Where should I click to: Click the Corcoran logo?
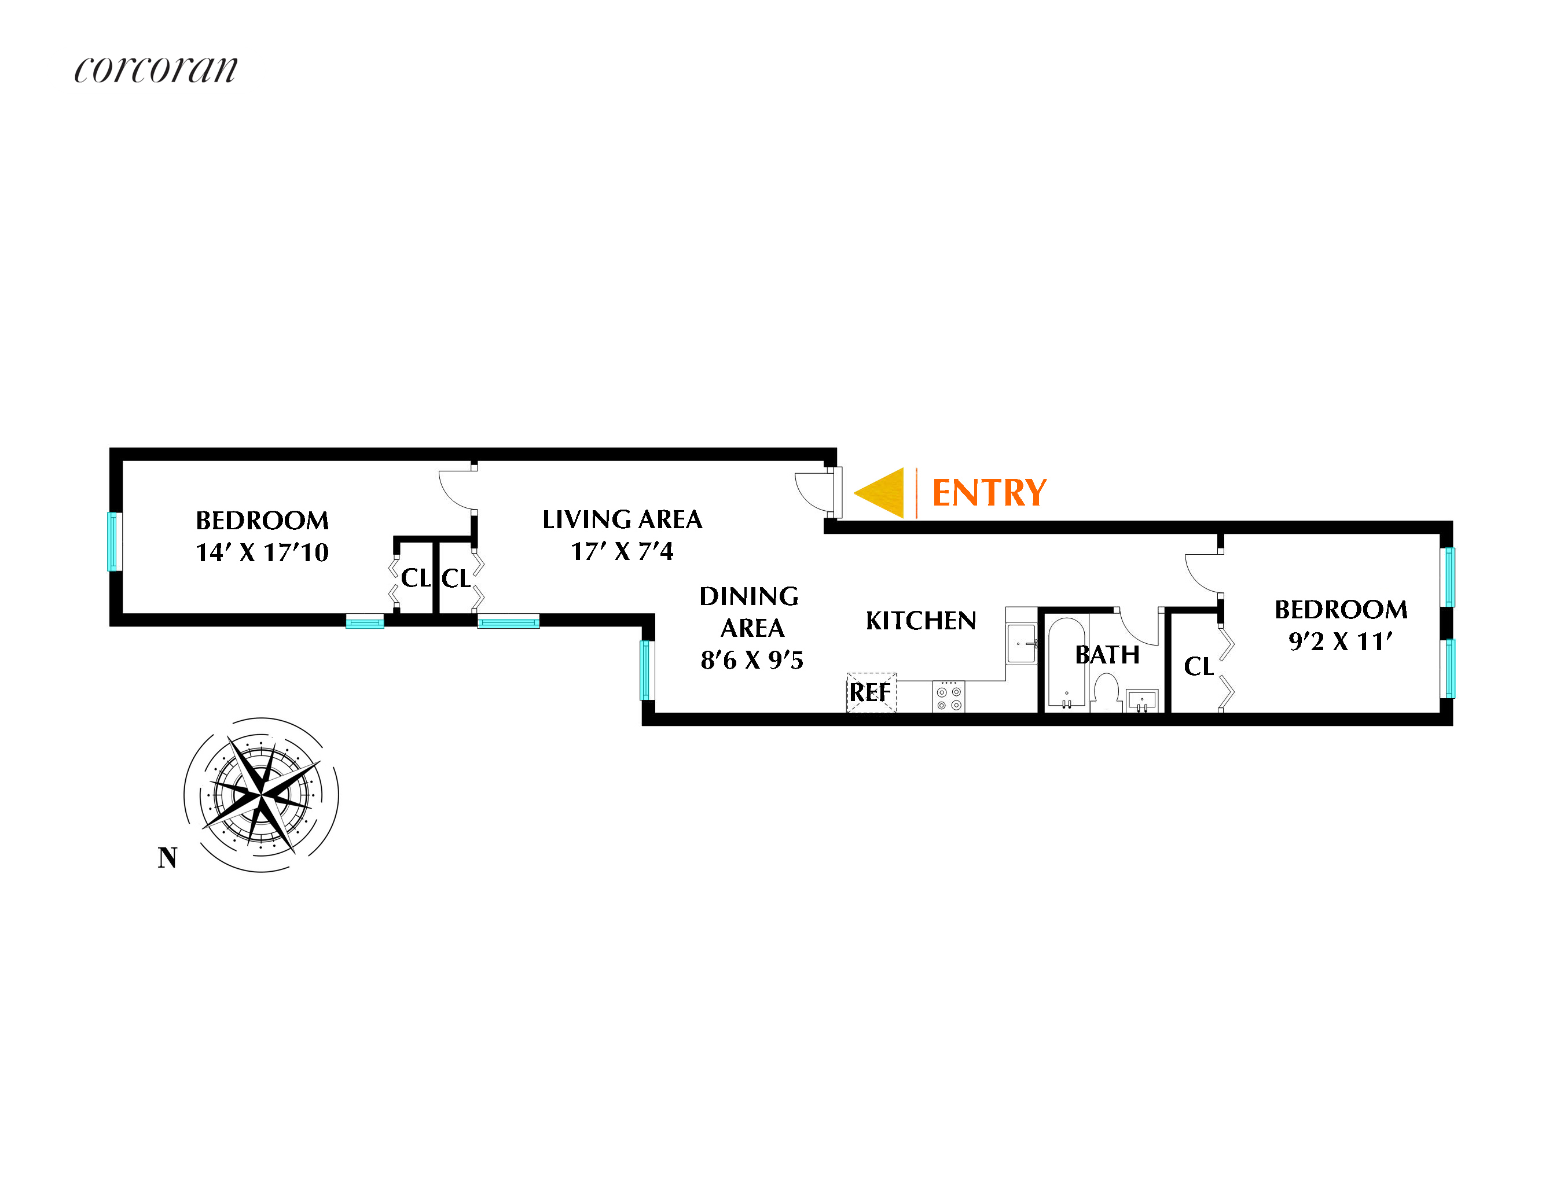(156, 69)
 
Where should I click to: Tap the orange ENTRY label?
(989, 493)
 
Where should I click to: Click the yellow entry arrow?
(881, 493)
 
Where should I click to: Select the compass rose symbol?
(261, 795)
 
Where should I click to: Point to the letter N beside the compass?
(167, 858)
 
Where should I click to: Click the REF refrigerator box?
(872, 692)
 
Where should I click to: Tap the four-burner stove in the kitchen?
(948, 696)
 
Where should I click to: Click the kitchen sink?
(1022, 643)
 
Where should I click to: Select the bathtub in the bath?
(1066, 663)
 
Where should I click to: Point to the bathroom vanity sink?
(1141, 700)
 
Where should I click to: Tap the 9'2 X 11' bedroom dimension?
(1340, 641)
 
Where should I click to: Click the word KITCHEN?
(921, 621)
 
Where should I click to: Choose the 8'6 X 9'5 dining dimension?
(752, 660)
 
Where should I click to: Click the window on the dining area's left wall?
(645, 670)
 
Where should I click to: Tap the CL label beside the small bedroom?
(1199, 666)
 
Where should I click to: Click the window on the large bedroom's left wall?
(112, 541)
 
